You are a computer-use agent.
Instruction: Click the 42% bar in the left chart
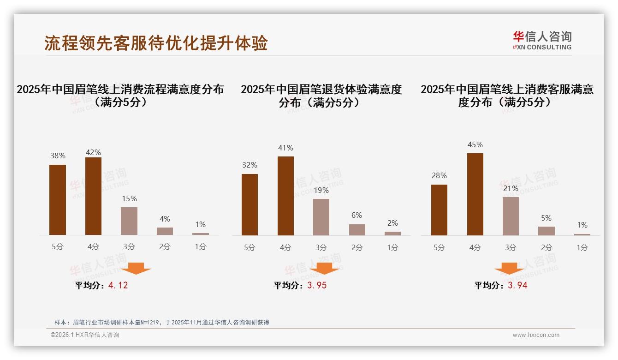[x=93, y=196]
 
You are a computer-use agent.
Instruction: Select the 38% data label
[x=58, y=156]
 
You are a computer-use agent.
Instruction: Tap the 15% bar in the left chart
[x=129, y=221]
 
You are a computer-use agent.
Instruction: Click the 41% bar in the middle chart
[x=285, y=196]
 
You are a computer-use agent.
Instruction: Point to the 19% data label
[x=321, y=190]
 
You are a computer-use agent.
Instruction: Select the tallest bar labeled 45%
[x=475, y=194]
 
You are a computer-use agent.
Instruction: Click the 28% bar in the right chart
[x=439, y=210]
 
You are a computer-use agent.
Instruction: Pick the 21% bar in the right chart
[x=511, y=216]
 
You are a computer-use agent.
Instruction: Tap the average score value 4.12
[x=118, y=285]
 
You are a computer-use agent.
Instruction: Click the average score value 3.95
[x=317, y=285]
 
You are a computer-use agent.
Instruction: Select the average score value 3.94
[x=517, y=285]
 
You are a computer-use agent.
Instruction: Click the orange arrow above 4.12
[x=136, y=268]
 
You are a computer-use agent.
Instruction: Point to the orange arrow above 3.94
[x=509, y=268]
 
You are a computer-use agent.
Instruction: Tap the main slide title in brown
[x=156, y=43]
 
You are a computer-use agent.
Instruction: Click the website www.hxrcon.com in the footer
[x=536, y=335]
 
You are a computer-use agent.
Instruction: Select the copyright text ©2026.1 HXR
[x=85, y=335]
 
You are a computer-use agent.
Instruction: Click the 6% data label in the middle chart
[x=357, y=215]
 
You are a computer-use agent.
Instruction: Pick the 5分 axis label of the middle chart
[x=250, y=248]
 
